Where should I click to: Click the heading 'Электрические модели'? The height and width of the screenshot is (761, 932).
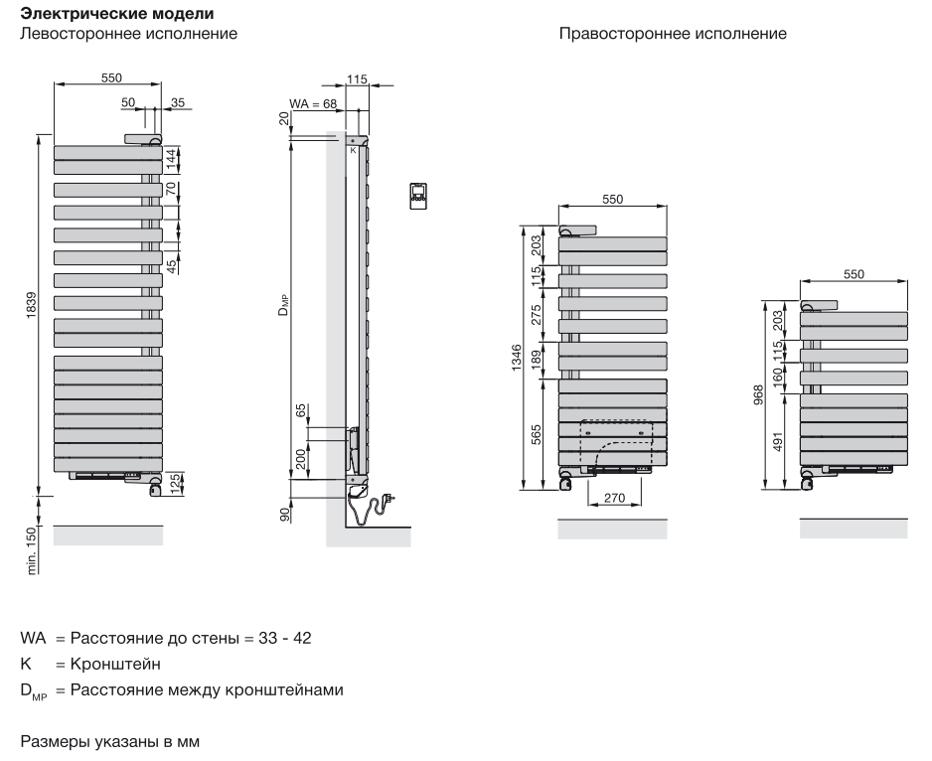[117, 13]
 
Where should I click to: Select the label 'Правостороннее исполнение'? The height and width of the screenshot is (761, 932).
[673, 34]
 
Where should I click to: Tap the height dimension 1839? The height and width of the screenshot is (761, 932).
[31, 304]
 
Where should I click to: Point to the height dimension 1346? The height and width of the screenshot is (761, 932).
[516, 357]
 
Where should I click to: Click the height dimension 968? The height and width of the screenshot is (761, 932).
[758, 395]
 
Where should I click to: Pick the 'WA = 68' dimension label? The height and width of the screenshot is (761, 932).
[313, 104]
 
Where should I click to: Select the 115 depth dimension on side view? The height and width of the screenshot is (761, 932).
[357, 79]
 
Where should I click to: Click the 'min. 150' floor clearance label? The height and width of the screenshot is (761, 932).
[32, 551]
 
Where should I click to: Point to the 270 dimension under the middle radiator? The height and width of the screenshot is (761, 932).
[614, 498]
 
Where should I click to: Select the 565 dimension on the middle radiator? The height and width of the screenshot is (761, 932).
[537, 434]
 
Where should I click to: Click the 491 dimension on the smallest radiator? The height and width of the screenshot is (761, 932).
[778, 441]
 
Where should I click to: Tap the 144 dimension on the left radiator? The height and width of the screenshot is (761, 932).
[171, 159]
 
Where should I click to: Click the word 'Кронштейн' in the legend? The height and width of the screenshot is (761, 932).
[115, 664]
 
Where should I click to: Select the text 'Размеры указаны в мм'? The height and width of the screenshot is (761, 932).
[110, 741]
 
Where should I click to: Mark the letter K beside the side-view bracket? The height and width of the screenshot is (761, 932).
[353, 150]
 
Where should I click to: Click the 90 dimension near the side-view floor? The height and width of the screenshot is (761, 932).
[285, 515]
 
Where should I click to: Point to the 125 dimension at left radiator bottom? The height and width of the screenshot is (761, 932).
[175, 483]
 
